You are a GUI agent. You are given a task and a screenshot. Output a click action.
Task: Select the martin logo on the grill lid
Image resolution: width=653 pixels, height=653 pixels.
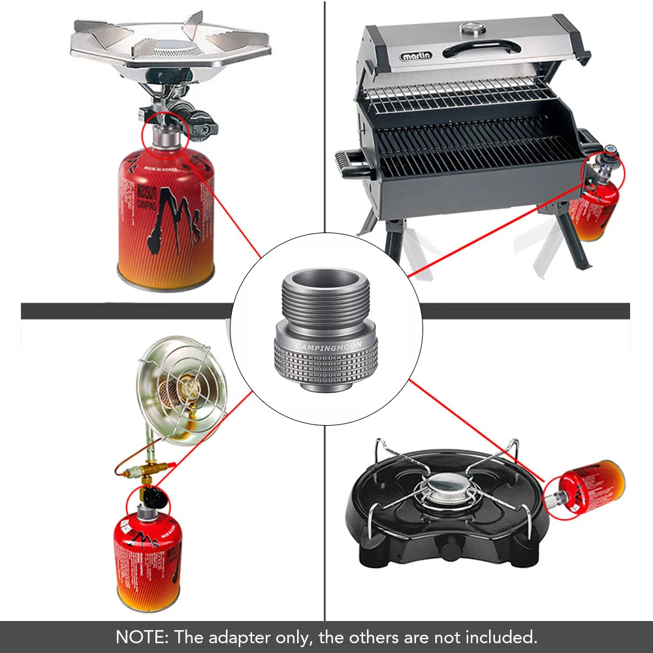[416, 56]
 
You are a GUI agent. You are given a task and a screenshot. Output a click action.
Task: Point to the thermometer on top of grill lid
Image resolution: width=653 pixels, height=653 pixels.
[470, 28]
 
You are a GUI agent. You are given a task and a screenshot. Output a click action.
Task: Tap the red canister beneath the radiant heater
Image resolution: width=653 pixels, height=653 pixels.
[147, 562]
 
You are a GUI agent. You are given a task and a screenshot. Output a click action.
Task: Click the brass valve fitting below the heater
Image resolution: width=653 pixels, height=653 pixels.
[151, 470]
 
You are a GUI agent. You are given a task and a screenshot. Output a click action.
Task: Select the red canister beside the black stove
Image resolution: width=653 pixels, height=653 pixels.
[592, 486]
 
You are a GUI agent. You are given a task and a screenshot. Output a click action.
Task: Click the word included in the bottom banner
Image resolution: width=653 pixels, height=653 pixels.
[503, 637]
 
